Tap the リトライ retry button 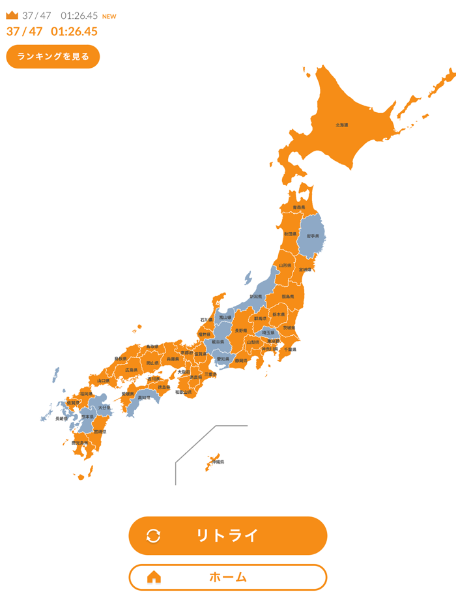(x=227, y=536)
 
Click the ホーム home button (x=227, y=577)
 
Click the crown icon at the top (x=12, y=15)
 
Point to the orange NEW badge (x=109, y=16)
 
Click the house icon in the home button (x=154, y=577)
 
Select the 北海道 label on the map (x=342, y=125)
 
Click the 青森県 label (x=298, y=207)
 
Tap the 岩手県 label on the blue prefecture (x=313, y=236)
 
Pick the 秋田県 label (x=291, y=233)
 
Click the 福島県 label (x=287, y=297)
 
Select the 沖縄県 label (x=218, y=462)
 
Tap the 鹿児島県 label (x=79, y=443)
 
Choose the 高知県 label (x=144, y=397)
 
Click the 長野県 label (x=241, y=331)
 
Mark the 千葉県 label (x=289, y=349)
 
